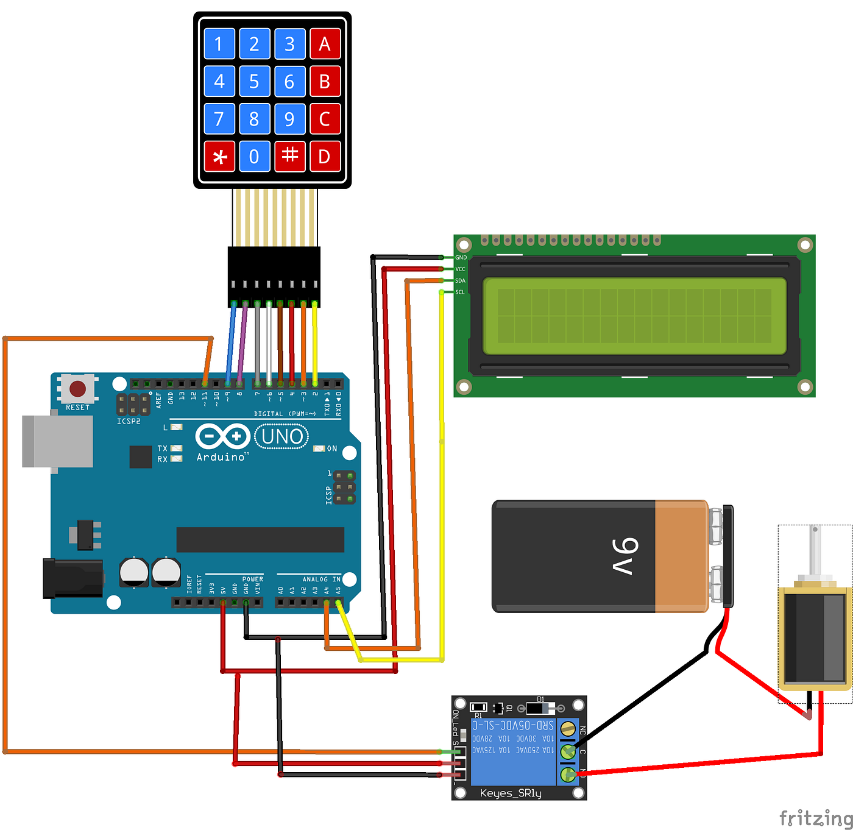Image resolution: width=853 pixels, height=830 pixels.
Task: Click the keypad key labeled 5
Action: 254,81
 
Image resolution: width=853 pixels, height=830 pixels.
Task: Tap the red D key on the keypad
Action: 325,157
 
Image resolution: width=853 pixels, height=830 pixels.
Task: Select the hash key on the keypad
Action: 289,157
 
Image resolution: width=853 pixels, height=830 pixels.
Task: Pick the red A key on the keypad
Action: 325,44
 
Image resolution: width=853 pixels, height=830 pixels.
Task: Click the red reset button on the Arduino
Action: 77,389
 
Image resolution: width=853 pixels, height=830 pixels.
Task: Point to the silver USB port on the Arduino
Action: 57,441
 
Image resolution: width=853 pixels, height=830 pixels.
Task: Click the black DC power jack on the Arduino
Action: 72,578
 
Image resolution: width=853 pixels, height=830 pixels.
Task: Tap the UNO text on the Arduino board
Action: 281,436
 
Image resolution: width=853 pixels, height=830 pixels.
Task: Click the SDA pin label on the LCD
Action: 460,281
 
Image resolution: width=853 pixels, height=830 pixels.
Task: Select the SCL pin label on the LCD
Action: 460,293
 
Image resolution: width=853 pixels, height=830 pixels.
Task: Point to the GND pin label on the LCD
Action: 461,258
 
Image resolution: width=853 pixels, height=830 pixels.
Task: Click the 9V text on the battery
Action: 625,556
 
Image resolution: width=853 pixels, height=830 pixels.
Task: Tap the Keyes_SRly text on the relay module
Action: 511,793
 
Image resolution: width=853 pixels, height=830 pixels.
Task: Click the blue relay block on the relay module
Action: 513,751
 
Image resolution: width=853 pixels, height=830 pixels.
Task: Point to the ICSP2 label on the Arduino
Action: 129,421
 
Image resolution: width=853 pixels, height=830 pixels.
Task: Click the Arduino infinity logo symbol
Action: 222,436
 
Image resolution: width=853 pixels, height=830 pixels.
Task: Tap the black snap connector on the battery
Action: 727,556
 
